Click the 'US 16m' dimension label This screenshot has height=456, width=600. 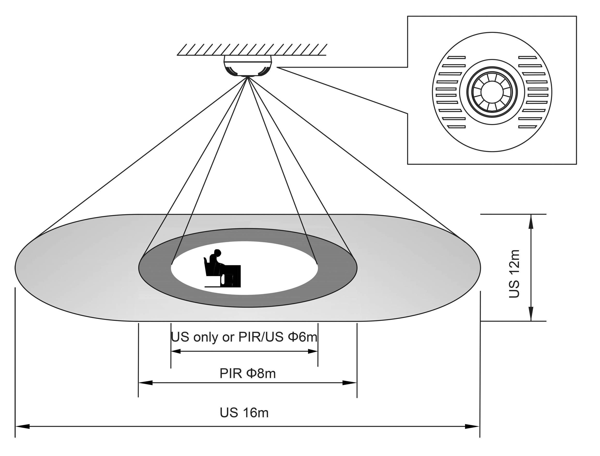click(x=244, y=413)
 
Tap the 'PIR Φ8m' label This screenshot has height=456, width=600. click(x=247, y=373)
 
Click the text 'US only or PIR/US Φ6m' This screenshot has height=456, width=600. click(x=244, y=337)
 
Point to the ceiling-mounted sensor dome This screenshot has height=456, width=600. click(x=247, y=66)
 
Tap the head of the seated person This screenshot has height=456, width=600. click(x=217, y=252)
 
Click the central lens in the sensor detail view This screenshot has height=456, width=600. click(x=492, y=92)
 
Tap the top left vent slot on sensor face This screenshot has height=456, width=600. click(x=456, y=58)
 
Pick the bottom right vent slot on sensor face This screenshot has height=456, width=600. click(x=527, y=127)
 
